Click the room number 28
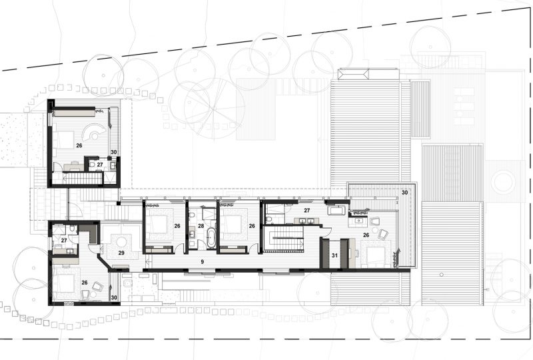[x=201, y=226]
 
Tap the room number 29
[x=121, y=253]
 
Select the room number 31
[x=334, y=255]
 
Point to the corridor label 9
[x=203, y=261]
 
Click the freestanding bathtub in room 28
[x=211, y=238]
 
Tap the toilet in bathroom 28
[x=192, y=215]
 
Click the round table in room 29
[x=121, y=242]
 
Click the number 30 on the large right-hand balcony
[x=404, y=193]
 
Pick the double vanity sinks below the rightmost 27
[x=306, y=221]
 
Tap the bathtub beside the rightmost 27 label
[x=336, y=210]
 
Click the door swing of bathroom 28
[x=203, y=244]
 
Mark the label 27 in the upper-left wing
[x=99, y=165]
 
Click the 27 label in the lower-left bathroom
[x=64, y=241]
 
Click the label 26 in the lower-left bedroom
[x=85, y=283]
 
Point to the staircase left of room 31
[x=283, y=239]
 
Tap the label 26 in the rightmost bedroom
[x=366, y=235]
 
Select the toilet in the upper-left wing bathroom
[x=92, y=165]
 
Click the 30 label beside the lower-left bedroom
[x=114, y=297]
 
